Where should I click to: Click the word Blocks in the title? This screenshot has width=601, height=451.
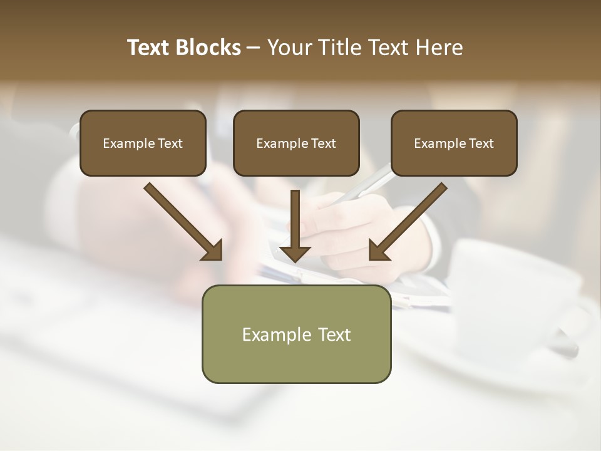(x=210, y=48)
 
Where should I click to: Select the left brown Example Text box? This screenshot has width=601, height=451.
(x=143, y=143)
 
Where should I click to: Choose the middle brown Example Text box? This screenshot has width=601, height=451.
(x=296, y=143)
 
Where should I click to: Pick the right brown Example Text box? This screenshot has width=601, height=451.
(x=454, y=143)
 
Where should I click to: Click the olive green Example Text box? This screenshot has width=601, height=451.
(x=296, y=334)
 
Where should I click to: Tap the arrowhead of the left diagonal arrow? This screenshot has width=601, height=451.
(x=213, y=251)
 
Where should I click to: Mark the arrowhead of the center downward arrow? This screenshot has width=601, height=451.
(x=295, y=252)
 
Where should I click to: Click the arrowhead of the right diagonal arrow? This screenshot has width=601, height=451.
(x=379, y=251)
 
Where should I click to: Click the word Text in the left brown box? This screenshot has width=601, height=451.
(x=171, y=143)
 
